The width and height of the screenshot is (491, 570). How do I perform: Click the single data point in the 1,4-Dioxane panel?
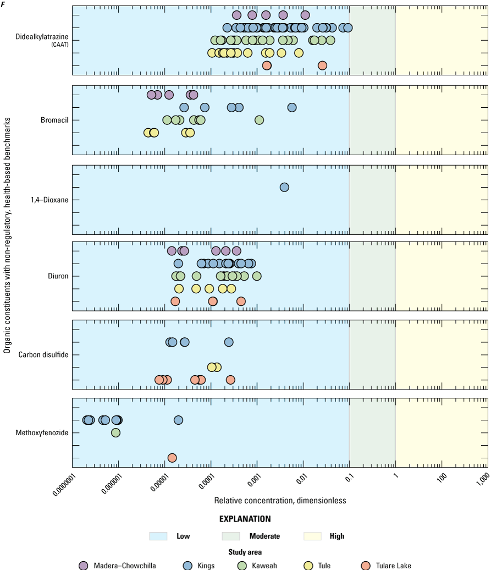[284, 187]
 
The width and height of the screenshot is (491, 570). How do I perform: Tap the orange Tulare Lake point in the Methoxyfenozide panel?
[172, 458]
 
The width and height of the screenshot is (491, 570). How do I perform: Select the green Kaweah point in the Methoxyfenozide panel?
[115, 432]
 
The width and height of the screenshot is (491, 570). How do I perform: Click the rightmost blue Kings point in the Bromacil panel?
[292, 107]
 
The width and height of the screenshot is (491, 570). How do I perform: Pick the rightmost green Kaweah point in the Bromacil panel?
[259, 120]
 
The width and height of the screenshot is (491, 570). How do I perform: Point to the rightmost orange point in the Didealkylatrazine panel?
[322, 65]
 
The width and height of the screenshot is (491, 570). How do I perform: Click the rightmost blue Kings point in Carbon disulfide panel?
[229, 342]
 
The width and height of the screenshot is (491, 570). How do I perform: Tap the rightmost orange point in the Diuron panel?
[241, 301]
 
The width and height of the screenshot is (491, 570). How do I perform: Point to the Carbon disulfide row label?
[43, 355]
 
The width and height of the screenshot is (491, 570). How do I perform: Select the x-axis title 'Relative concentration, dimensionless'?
[280, 501]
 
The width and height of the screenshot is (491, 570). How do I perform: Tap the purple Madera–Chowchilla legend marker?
[84, 566]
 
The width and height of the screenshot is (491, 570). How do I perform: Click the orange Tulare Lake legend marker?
[366, 566]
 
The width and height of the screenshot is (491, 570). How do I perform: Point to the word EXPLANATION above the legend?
[245, 519]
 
